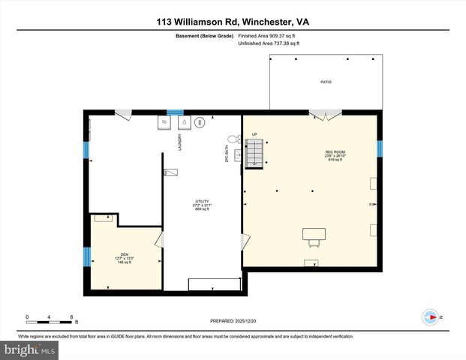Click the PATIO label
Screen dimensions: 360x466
click(326, 82)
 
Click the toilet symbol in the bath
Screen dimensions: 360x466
click(232, 138)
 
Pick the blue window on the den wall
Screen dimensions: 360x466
click(87, 257)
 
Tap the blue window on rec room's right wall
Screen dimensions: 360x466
click(380, 148)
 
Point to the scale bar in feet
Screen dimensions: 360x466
click(49, 320)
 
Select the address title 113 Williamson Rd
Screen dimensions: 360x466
click(233, 22)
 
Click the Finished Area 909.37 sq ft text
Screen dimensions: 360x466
click(268, 35)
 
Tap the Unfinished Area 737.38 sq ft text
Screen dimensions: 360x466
click(268, 43)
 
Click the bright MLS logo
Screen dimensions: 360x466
click(29, 350)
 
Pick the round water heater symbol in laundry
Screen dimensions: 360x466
click(200, 122)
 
